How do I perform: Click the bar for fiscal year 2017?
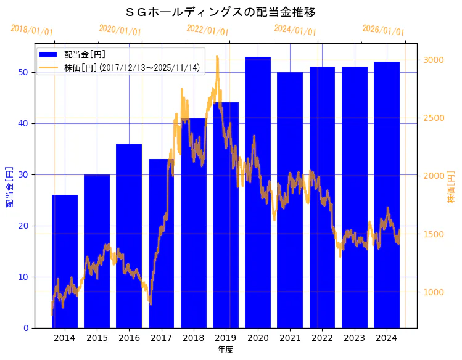pos(161,247)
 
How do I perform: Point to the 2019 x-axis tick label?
pos(226,338)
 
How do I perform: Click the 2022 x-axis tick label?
pos(322,338)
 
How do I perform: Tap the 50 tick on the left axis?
pos(22,72)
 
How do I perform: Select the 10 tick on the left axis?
pos(22,277)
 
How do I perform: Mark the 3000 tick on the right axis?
pos(432,60)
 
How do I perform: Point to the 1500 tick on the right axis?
pos(432,234)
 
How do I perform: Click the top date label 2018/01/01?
pos(32,30)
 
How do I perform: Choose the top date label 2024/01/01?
pos(295,30)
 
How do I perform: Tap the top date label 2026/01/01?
pos(383,30)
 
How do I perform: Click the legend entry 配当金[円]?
pos(80,54)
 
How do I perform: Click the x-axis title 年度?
pos(225,350)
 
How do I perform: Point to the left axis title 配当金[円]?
pos(9,186)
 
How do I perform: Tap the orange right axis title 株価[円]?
pos(451,187)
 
